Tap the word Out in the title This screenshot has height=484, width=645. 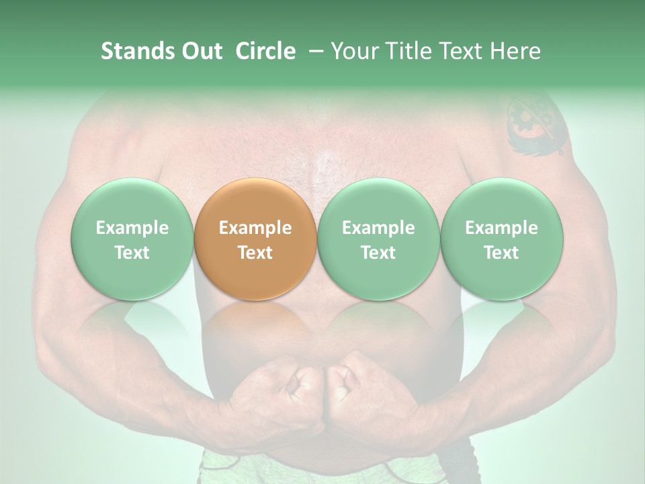point(200,51)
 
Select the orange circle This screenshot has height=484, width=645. point(255,239)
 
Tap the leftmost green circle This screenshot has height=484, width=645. point(132,239)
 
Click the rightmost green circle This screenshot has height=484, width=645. point(501,239)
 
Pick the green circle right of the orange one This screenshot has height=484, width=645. point(378,239)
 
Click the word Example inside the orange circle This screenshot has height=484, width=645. point(255,228)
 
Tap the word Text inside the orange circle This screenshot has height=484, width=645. point(255,253)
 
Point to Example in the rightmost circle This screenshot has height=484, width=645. point(501,228)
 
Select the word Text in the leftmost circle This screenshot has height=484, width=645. point(132,253)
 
